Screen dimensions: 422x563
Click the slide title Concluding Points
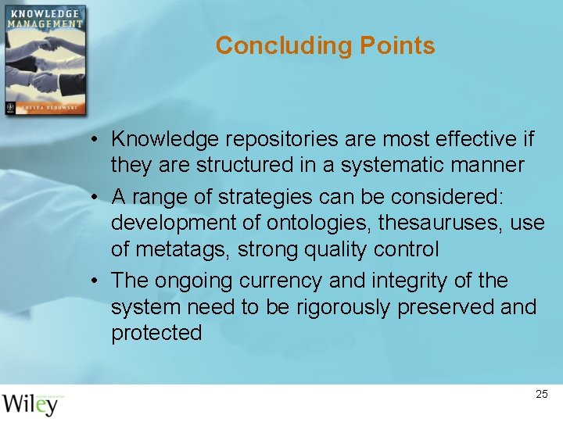click(325, 45)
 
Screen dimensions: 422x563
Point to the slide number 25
click(542, 395)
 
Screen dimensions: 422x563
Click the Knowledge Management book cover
click(45, 60)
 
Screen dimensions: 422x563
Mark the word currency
click(280, 281)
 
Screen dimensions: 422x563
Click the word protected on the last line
click(156, 334)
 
